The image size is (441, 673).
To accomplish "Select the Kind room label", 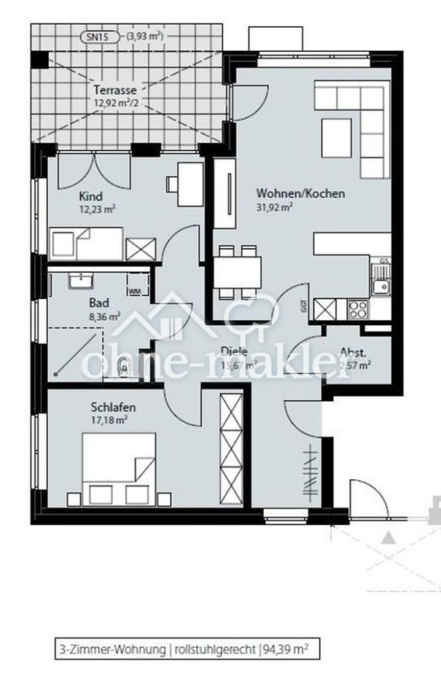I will [x=90, y=196].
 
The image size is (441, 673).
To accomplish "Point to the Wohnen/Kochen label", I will [x=301, y=194].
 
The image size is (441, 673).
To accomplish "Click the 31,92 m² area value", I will [x=274, y=207].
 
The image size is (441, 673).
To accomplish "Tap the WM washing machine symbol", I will [x=135, y=289].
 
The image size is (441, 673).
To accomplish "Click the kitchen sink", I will [x=379, y=285].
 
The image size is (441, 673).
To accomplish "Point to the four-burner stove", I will [x=358, y=309].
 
